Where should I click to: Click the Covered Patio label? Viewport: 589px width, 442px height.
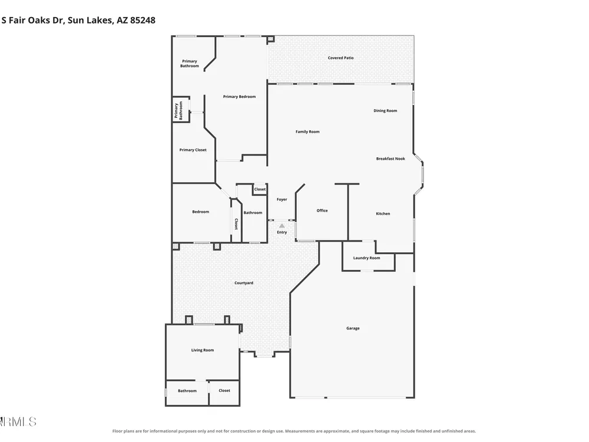click(x=340, y=58)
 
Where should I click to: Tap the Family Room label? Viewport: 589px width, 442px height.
click(x=307, y=131)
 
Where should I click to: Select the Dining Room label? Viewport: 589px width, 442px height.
click(x=385, y=111)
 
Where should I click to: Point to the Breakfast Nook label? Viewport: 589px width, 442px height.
click(x=391, y=159)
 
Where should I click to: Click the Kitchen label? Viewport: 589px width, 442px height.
click(x=383, y=213)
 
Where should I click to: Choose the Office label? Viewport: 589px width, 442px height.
click(x=322, y=210)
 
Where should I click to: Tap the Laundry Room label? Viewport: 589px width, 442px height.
click(x=366, y=258)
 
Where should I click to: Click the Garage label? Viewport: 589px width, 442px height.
click(x=353, y=328)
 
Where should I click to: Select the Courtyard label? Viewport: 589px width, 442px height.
click(x=243, y=283)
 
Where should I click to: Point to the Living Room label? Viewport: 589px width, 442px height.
click(x=203, y=350)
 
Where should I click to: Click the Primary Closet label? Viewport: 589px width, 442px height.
click(x=193, y=150)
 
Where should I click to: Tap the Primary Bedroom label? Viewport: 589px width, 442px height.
click(x=239, y=97)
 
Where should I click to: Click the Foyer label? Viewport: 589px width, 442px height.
click(x=282, y=199)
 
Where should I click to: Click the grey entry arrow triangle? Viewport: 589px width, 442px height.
click(x=282, y=226)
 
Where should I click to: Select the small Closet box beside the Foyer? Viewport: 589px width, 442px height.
click(x=260, y=189)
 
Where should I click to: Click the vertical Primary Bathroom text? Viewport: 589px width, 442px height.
click(x=178, y=111)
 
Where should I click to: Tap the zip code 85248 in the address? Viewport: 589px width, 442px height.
click(x=143, y=20)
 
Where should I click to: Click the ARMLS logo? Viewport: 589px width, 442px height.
click(x=18, y=422)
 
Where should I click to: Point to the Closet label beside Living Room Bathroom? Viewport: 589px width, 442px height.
click(x=224, y=391)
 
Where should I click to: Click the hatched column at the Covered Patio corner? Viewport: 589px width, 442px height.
click(x=270, y=39)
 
